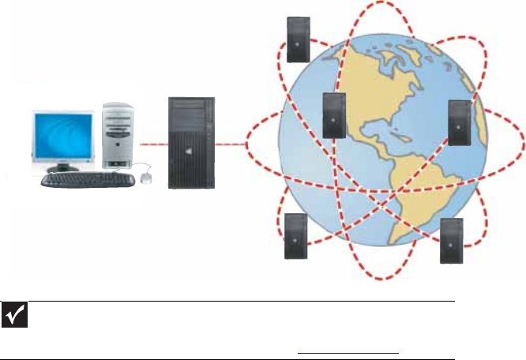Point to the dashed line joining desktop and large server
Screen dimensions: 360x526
[x=154, y=145]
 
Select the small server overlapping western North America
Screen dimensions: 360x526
[x=335, y=115]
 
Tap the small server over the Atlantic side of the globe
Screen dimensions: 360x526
[x=459, y=123]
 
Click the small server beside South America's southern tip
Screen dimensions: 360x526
[x=452, y=238]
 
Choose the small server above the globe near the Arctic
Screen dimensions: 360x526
[x=298, y=38]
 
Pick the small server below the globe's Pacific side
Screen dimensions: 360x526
[x=295, y=235]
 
